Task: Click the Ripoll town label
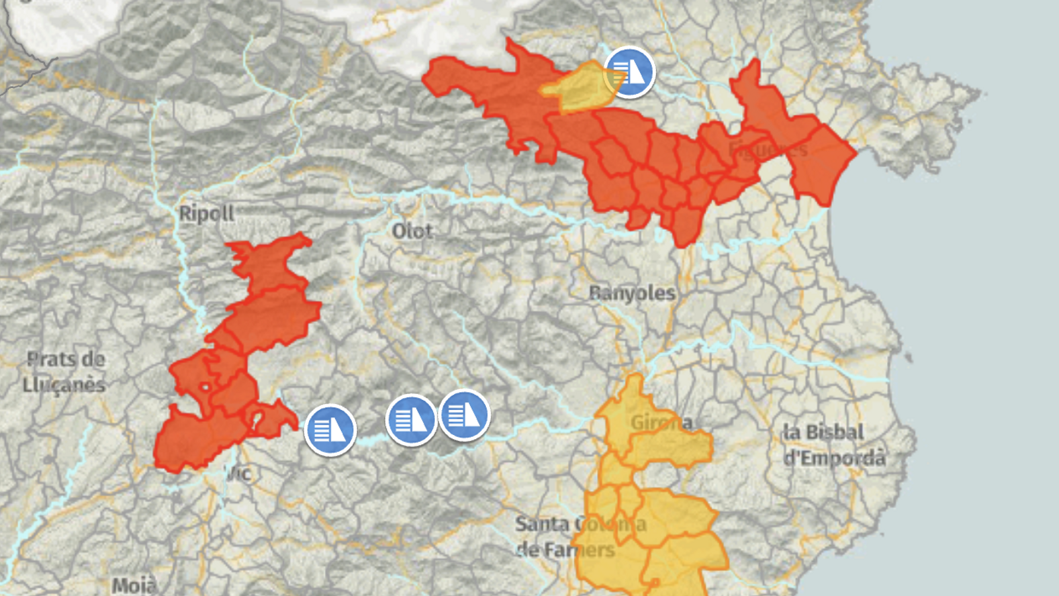pos(207,213)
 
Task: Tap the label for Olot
pos(412,231)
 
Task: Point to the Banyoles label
pos(632,293)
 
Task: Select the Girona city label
pos(661,422)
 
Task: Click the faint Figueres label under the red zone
pos(768,150)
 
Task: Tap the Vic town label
pos(239,473)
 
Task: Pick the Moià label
pos(134,585)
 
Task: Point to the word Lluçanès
pos(64,385)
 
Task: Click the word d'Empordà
pos(834,458)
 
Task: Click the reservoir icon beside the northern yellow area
pos(629,72)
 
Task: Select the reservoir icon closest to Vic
pos(330,430)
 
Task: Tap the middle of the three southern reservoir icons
pos(411,420)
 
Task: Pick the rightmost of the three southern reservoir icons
pos(465,415)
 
